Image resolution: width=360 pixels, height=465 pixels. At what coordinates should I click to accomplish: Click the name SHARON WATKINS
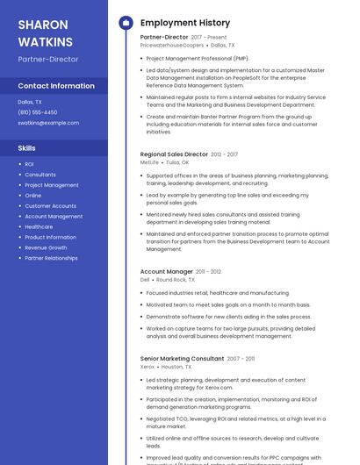[x=44, y=32]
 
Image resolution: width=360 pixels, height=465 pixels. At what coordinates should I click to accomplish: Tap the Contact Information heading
[x=56, y=86]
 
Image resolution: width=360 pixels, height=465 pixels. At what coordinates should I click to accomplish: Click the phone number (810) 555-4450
[x=38, y=112]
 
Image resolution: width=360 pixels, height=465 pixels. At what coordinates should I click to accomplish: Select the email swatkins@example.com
[x=48, y=123]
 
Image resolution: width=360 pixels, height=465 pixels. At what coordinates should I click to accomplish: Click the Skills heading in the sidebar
[x=27, y=148]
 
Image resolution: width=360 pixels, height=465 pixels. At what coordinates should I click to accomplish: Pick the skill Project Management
[x=52, y=185]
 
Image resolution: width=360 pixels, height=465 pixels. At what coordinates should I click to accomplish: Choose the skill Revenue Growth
[x=46, y=247]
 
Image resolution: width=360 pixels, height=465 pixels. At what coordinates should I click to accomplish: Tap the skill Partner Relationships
[x=51, y=258]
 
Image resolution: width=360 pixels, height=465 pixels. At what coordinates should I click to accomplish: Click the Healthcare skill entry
[x=39, y=226]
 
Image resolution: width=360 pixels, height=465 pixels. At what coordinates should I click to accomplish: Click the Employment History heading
[x=184, y=23]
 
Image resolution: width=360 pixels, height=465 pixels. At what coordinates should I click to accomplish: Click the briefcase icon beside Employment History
[x=125, y=23]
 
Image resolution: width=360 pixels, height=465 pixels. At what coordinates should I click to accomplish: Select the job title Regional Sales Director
[x=174, y=154]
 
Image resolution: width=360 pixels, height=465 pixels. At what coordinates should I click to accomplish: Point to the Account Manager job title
[x=166, y=272]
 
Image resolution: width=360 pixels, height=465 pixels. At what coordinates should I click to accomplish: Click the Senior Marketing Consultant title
[x=182, y=359]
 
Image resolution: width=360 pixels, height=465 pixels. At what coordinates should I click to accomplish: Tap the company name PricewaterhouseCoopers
[x=172, y=45]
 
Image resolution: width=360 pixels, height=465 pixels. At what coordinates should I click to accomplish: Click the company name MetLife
[x=149, y=162]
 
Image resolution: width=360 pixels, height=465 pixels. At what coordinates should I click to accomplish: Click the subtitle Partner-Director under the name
[x=48, y=59]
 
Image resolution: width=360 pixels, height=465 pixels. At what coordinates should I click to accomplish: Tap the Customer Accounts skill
[x=50, y=206]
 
